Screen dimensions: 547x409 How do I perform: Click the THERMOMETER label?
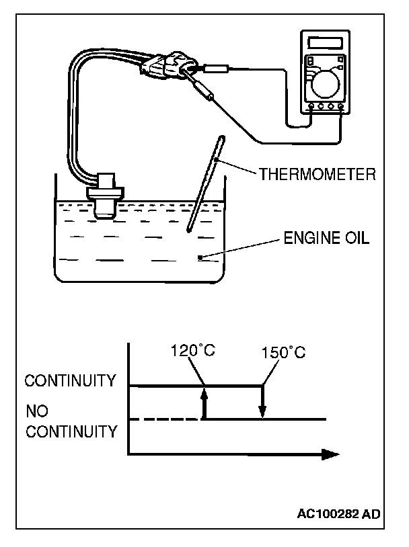pyautogui.click(x=316, y=175)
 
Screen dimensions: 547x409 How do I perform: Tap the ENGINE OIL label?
pyautogui.click(x=326, y=239)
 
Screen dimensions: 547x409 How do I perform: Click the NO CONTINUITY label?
pyautogui.click(x=71, y=421)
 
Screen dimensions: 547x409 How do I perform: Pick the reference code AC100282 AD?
pyautogui.click(x=338, y=515)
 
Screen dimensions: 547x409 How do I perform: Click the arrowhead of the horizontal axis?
pyautogui.click(x=329, y=454)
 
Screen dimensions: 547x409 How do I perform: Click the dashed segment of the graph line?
pyautogui.click(x=164, y=419)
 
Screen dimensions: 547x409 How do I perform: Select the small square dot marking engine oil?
pyautogui.click(x=200, y=258)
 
